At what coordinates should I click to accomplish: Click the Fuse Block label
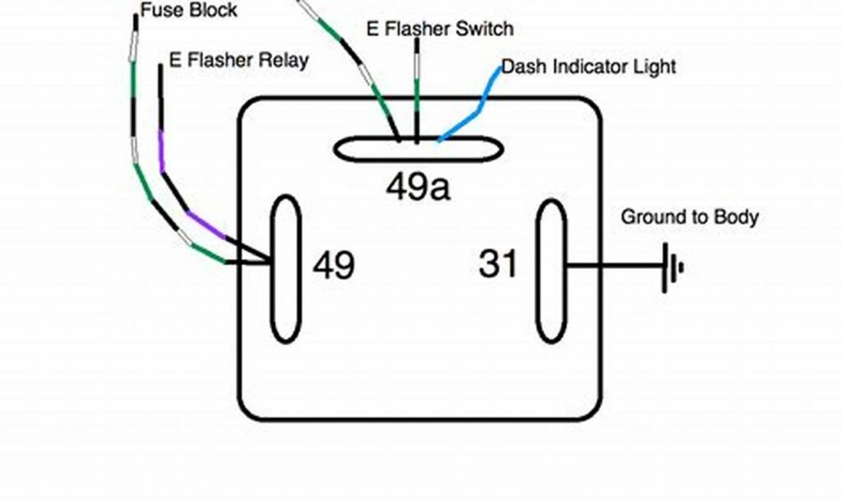coord(188,11)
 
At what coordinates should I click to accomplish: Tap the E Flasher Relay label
coord(238,60)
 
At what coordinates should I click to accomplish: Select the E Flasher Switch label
coord(439,29)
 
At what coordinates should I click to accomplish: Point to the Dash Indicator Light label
coord(588,66)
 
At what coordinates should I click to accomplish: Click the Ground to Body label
coord(689,217)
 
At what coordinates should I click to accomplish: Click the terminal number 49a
coord(418,188)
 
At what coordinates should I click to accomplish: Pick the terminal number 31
coord(498,265)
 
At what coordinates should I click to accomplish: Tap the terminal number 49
coord(334,266)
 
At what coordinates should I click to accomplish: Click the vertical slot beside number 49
coord(285,268)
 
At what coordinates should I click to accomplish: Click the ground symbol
coord(673,267)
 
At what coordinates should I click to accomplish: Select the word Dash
coord(520,66)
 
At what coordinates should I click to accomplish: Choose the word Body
coord(736,217)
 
